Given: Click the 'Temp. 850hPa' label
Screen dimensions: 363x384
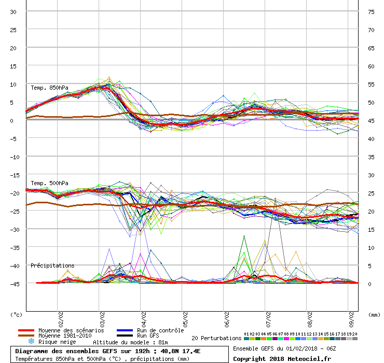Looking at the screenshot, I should pos(49,88).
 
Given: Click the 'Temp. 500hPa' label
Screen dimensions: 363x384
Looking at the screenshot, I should pos(49,183).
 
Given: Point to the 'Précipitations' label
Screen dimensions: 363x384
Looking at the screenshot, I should pos(52,266).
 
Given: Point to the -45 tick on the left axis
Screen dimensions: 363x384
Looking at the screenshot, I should pos(14,284).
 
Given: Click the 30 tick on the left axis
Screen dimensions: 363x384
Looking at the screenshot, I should pos(14,11).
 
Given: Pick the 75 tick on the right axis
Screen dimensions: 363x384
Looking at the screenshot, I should pos(371,11).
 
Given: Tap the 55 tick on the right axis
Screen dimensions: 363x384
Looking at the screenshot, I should pos(371,84).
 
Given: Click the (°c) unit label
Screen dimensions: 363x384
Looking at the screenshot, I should pos(16,314).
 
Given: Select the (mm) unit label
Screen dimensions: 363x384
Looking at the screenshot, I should pos(374,314).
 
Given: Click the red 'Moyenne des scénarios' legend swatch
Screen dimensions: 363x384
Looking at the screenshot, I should pos(26,330).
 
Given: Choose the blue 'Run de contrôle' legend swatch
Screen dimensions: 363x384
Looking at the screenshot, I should pos(125,330).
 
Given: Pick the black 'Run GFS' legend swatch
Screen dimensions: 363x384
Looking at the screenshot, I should pos(125,336).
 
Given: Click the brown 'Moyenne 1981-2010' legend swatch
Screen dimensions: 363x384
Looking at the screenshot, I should pos(26,336).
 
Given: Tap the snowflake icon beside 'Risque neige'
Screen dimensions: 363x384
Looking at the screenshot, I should pos(31,342).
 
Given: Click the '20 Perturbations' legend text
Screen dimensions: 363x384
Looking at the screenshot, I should pos(216,338).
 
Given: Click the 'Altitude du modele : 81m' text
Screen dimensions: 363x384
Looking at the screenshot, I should pos(130,342).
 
